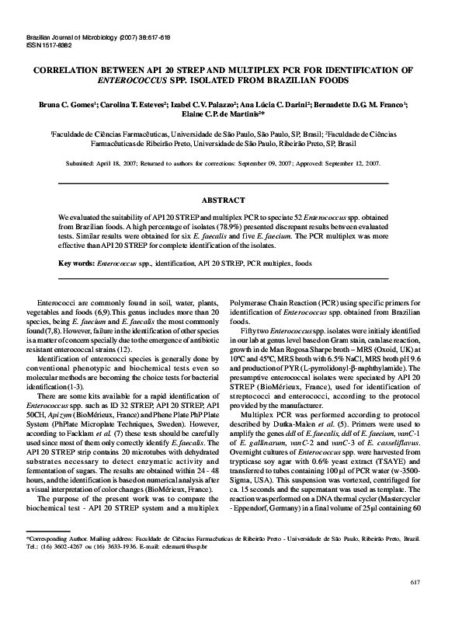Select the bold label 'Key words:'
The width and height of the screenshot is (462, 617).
click(x=77, y=263)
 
